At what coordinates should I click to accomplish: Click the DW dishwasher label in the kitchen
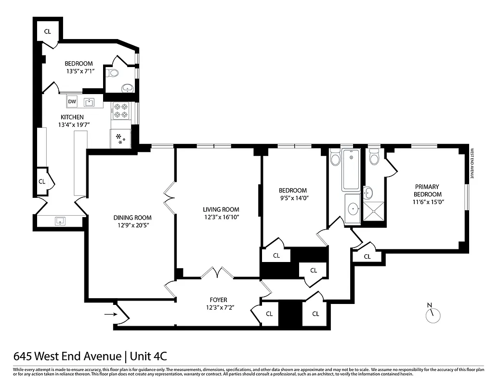click(72, 101)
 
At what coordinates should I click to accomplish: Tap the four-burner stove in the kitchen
click(120, 110)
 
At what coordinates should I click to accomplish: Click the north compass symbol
click(433, 315)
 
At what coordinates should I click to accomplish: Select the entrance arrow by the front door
click(110, 314)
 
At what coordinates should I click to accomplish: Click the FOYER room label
click(218, 300)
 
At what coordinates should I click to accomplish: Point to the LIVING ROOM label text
click(221, 209)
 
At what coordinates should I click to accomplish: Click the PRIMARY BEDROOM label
click(428, 190)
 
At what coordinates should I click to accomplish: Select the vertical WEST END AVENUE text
click(473, 164)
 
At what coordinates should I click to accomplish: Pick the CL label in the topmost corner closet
click(47, 31)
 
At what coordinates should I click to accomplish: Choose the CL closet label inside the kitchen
click(42, 181)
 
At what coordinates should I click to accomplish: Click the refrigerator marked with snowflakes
click(120, 138)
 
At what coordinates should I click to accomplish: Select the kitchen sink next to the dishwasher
click(89, 102)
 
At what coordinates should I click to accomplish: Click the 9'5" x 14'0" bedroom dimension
click(293, 198)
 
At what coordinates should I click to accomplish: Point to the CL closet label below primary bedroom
click(367, 257)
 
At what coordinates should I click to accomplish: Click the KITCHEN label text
click(72, 117)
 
